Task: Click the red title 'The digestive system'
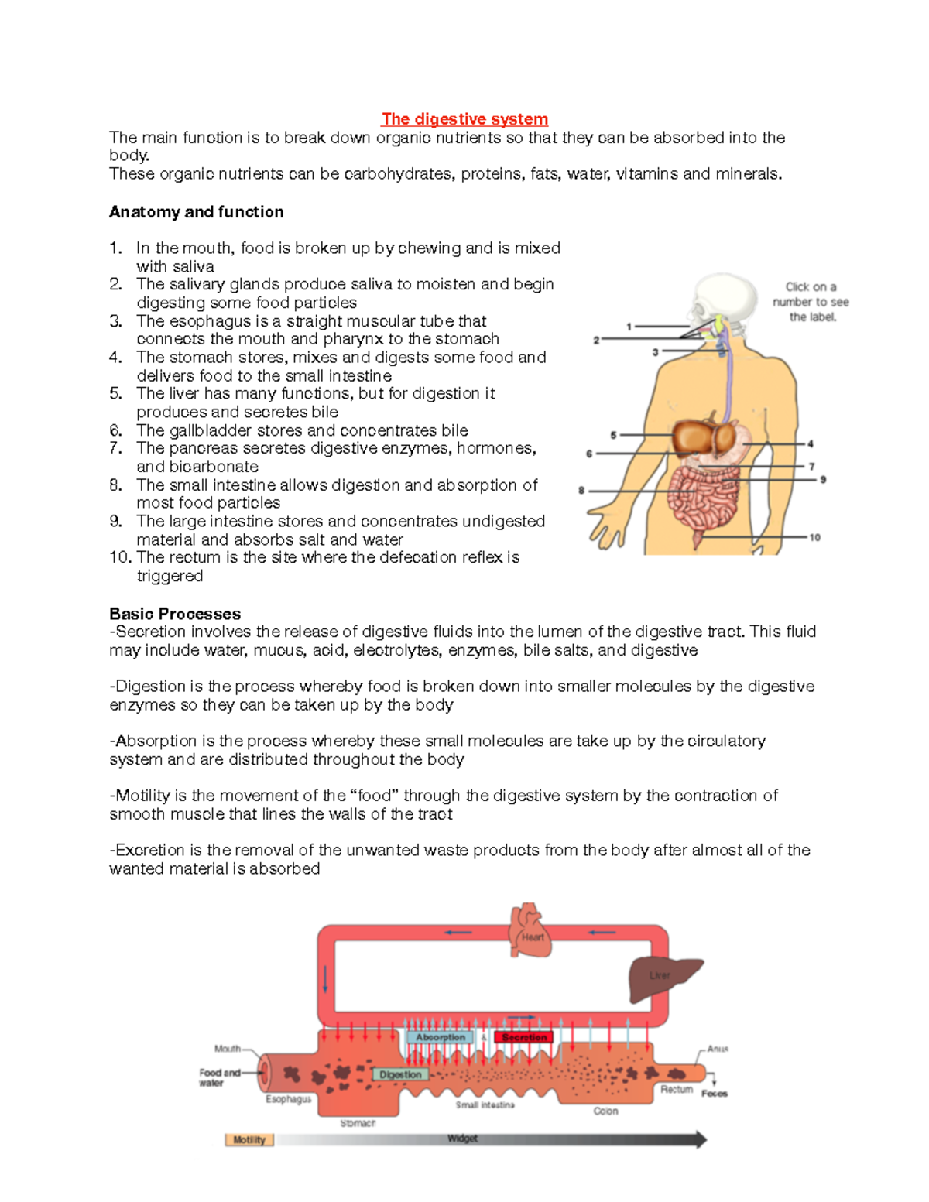pos(464,119)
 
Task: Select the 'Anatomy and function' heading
pos(196,212)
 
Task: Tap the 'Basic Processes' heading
pos(175,614)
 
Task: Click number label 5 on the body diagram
pos(613,435)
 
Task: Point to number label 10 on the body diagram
pos(814,537)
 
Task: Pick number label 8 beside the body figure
pos(581,490)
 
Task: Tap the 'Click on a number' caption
pos(811,302)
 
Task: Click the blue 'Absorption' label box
pos(441,1037)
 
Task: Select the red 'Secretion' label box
pos(523,1037)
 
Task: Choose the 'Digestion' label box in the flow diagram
pos(400,1074)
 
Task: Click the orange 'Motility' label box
pos(249,1140)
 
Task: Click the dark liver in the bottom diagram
pos(662,978)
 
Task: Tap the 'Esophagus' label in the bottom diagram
pos(288,1099)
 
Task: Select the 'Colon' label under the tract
pos(605,1111)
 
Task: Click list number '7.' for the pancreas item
pos(116,448)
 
